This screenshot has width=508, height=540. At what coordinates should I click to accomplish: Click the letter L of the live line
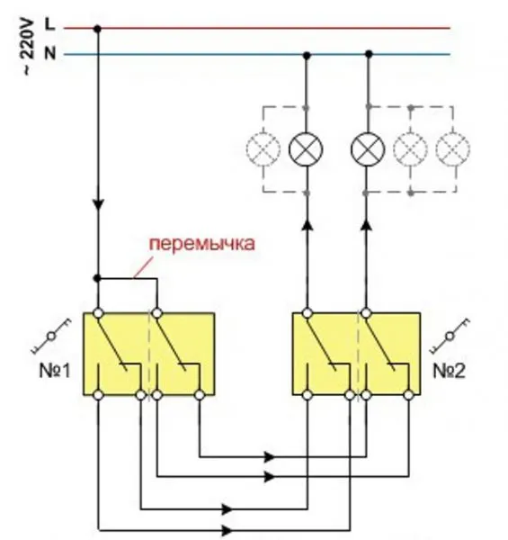(49, 24)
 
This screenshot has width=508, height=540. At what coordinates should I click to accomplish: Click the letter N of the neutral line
(50, 53)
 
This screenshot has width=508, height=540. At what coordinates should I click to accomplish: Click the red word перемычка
(202, 244)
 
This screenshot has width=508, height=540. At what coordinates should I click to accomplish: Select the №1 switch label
(55, 371)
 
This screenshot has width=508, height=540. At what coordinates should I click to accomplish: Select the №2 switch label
(449, 371)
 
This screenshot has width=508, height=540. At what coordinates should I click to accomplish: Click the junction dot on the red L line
(98, 29)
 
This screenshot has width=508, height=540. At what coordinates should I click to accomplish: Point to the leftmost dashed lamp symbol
(263, 149)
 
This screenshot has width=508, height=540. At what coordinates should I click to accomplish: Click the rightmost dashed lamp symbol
(452, 149)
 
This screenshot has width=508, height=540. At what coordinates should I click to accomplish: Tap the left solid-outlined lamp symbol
(306, 149)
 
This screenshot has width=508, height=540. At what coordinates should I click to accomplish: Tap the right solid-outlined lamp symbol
(368, 149)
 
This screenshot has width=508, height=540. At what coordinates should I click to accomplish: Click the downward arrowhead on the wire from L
(98, 203)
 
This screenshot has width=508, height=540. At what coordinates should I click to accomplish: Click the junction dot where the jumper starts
(98, 278)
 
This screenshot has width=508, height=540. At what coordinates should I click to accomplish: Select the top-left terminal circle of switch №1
(98, 313)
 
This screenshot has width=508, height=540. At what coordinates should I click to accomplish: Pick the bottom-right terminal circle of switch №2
(408, 395)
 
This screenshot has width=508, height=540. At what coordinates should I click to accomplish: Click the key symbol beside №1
(51, 336)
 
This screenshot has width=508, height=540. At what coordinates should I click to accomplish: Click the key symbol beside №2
(450, 336)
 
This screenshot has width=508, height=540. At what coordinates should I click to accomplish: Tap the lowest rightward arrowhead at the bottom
(227, 530)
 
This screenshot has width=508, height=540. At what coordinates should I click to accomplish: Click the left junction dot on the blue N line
(307, 55)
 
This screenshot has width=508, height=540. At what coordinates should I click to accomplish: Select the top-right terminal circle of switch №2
(366, 313)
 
